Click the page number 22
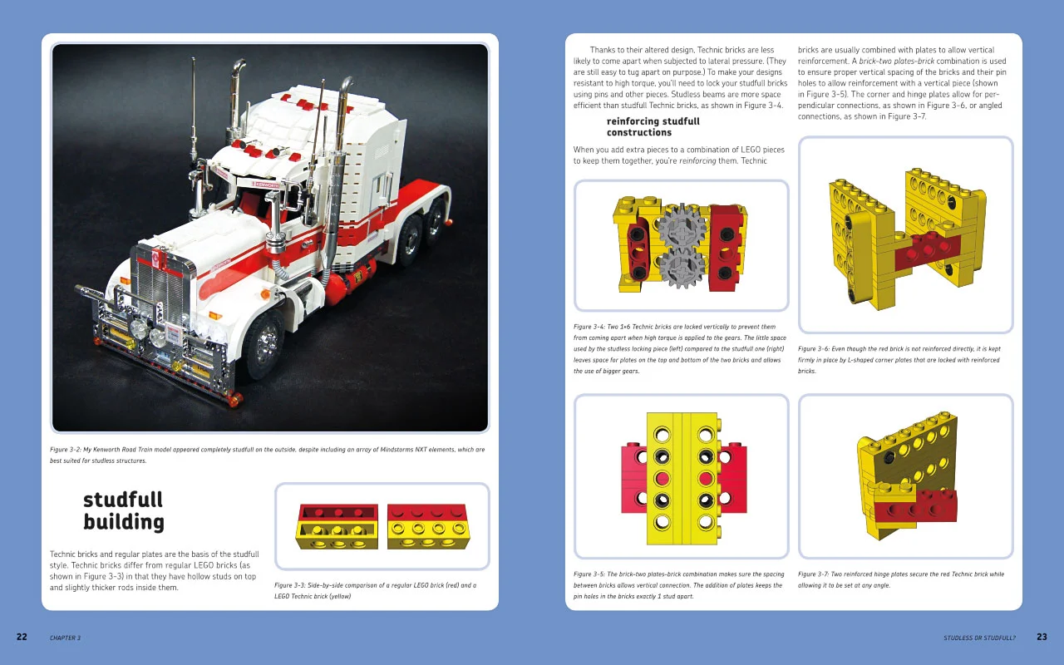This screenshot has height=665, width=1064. (22, 637)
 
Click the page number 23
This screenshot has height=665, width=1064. (1042, 637)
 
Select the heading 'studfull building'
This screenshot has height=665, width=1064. (123, 510)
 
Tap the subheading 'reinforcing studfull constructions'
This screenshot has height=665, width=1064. (653, 126)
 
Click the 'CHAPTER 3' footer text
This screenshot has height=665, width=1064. (65, 638)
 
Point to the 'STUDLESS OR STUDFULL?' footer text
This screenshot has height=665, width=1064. (979, 638)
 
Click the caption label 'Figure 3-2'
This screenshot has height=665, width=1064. (69, 450)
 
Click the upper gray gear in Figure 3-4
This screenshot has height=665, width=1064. (682, 225)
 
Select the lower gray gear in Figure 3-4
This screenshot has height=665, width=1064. (682, 267)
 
